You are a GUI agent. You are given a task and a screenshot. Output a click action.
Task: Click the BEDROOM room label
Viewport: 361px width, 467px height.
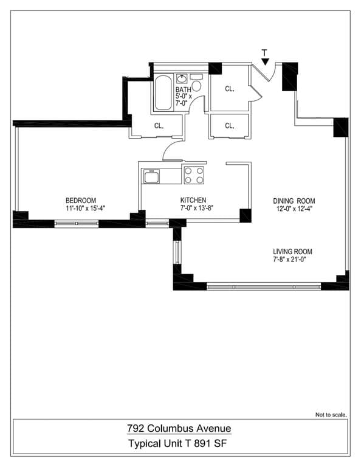click(x=81, y=200)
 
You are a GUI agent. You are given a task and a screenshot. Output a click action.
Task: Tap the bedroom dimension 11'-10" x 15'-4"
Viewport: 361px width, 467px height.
click(x=81, y=209)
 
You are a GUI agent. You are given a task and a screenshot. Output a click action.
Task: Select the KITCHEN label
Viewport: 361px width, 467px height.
click(x=193, y=200)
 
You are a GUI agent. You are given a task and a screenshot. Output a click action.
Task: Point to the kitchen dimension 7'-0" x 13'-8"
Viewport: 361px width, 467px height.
click(x=193, y=209)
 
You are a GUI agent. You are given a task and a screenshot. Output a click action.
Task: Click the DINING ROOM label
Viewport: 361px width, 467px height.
click(x=294, y=201)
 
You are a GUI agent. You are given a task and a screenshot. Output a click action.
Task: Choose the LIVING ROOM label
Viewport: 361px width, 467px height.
click(x=293, y=251)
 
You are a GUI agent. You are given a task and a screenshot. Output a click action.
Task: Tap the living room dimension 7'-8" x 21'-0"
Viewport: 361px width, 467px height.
click(x=293, y=260)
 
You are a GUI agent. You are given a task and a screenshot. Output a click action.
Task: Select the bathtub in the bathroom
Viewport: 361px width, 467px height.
click(x=163, y=92)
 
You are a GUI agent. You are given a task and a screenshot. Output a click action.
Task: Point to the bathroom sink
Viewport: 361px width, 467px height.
click(x=182, y=78)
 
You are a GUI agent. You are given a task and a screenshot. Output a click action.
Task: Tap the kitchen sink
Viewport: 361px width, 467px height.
click(x=151, y=176)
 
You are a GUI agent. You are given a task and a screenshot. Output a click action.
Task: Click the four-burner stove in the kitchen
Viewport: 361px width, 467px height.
click(x=194, y=175)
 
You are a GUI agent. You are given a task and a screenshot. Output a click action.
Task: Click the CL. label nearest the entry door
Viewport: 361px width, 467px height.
click(x=230, y=89)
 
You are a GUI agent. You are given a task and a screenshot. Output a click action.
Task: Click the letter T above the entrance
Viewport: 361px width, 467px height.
click(x=264, y=52)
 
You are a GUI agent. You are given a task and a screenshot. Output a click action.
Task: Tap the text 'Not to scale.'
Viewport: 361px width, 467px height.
click(x=331, y=415)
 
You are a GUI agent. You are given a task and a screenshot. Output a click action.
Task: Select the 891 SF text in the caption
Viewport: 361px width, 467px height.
click(x=211, y=444)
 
